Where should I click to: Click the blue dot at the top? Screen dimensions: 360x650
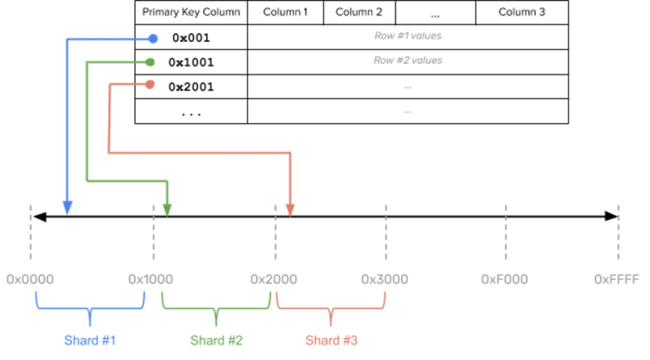coord(153,38)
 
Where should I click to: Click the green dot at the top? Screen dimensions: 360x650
coord(151,62)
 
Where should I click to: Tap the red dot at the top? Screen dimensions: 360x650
coord(150,84)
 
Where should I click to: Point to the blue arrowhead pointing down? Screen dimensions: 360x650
coord(67,208)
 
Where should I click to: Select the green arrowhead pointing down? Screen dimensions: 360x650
coord(167,209)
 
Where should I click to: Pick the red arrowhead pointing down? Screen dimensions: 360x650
coord(290,209)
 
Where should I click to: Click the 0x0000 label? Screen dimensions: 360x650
coord(30,279)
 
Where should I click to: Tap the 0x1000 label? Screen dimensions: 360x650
coord(151,279)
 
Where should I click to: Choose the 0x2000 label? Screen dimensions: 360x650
coord(274,279)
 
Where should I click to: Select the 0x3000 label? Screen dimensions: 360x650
coord(384,279)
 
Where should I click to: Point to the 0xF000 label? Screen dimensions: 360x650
coord(505,279)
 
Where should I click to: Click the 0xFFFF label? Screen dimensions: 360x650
coord(617,279)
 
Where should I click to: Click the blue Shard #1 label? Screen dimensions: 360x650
coord(90,340)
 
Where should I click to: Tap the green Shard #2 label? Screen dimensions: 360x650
coord(216,340)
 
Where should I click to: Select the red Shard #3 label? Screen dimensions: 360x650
coord(331,340)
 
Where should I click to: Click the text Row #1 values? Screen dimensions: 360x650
coord(407,36)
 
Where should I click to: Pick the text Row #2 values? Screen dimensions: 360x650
coord(407,59)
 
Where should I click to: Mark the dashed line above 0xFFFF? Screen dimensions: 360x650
coord(618,232)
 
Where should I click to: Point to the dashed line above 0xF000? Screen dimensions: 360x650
coord(506,232)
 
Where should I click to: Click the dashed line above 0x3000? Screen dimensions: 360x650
coord(386,232)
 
